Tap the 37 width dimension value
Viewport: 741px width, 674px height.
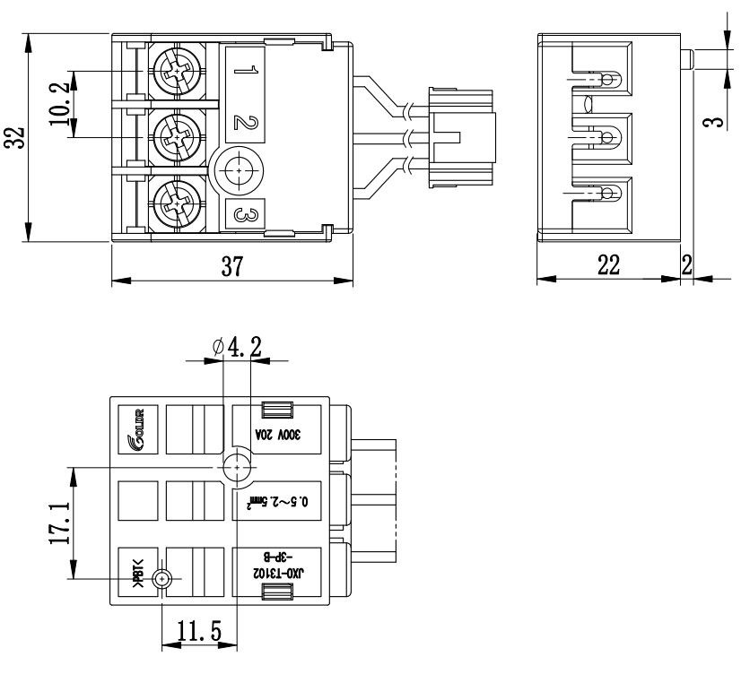pos(231,267)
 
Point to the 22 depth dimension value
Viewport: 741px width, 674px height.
pos(609,267)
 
